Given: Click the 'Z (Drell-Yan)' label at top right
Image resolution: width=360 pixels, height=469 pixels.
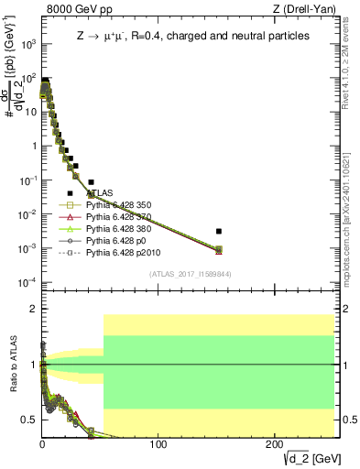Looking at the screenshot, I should [303, 9].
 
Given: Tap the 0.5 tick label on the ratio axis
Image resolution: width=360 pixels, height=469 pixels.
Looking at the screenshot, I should [28, 420].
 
